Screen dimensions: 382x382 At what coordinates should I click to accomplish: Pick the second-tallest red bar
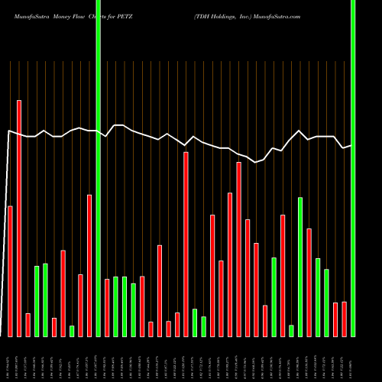pyautogui.click(x=186, y=244)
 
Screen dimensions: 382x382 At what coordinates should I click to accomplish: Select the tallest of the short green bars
pyautogui.click(x=300, y=267)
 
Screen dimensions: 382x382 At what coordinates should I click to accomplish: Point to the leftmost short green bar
pyautogui.click(x=37, y=301)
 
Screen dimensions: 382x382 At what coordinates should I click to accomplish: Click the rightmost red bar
pyautogui.click(x=344, y=319)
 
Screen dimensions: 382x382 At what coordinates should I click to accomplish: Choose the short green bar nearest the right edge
pyautogui.click(x=326, y=303)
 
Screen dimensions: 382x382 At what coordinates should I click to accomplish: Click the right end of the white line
pyautogui.click(x=351, y=145)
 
